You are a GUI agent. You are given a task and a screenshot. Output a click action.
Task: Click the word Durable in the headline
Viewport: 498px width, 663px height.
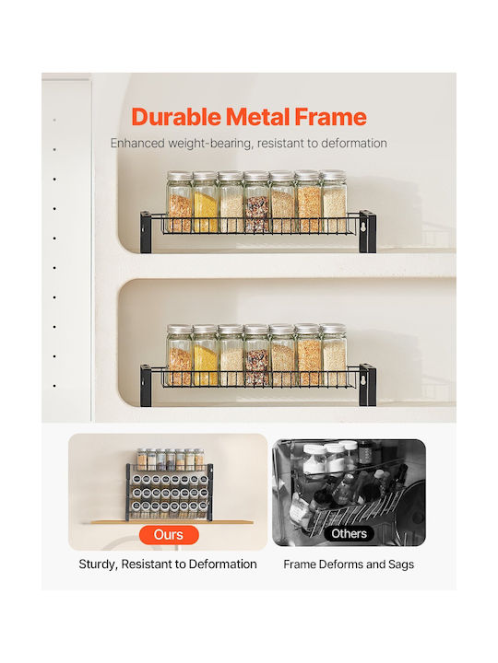point(176,117)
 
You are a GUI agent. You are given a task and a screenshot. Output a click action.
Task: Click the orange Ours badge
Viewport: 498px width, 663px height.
point(169,535)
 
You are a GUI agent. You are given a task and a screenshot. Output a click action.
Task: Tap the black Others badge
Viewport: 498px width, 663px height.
point(350,533)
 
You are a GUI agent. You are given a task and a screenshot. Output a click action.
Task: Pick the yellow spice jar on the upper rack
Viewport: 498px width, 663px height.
point(206,202)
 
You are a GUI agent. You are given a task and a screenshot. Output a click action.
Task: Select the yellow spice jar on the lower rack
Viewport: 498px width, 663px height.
point(206,355)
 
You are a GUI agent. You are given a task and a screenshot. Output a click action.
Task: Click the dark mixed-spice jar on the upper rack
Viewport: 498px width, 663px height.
point(256,202)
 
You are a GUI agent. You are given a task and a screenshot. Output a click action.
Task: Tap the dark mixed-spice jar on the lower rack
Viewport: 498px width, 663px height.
point(256,355)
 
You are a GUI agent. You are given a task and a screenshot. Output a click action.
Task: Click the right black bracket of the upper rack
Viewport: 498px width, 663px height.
point(367,231)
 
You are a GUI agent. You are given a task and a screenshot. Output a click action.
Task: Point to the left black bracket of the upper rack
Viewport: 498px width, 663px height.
point(146,232)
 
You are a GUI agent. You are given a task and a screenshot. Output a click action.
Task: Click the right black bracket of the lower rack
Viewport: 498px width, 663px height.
point(367,385)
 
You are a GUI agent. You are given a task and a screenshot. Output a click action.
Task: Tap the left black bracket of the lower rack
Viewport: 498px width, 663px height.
point(146,386)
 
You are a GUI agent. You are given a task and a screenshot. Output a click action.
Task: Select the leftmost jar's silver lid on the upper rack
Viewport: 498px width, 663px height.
point(180,176)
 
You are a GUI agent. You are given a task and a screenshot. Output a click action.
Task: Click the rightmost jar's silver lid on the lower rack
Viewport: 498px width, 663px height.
point(333,329)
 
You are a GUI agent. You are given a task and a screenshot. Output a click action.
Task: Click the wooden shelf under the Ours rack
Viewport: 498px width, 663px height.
point(172,522)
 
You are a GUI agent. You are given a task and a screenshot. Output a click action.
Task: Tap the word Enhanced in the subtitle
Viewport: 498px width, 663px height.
point(137,144)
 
